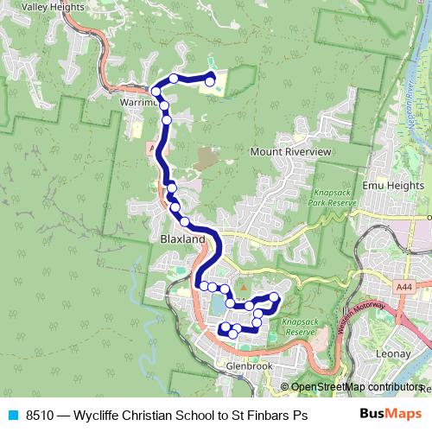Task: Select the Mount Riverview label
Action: pyautogui.click(x=290, y=151)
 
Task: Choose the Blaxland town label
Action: pyautogui.click(x=182, y=238)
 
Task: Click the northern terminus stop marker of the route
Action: pyautogui.click(x=210, y=81)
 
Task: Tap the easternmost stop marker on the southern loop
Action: pyautogui.click(x=274, y=297)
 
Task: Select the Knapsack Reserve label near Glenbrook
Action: pyautogui.click(x=298, y=327)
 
